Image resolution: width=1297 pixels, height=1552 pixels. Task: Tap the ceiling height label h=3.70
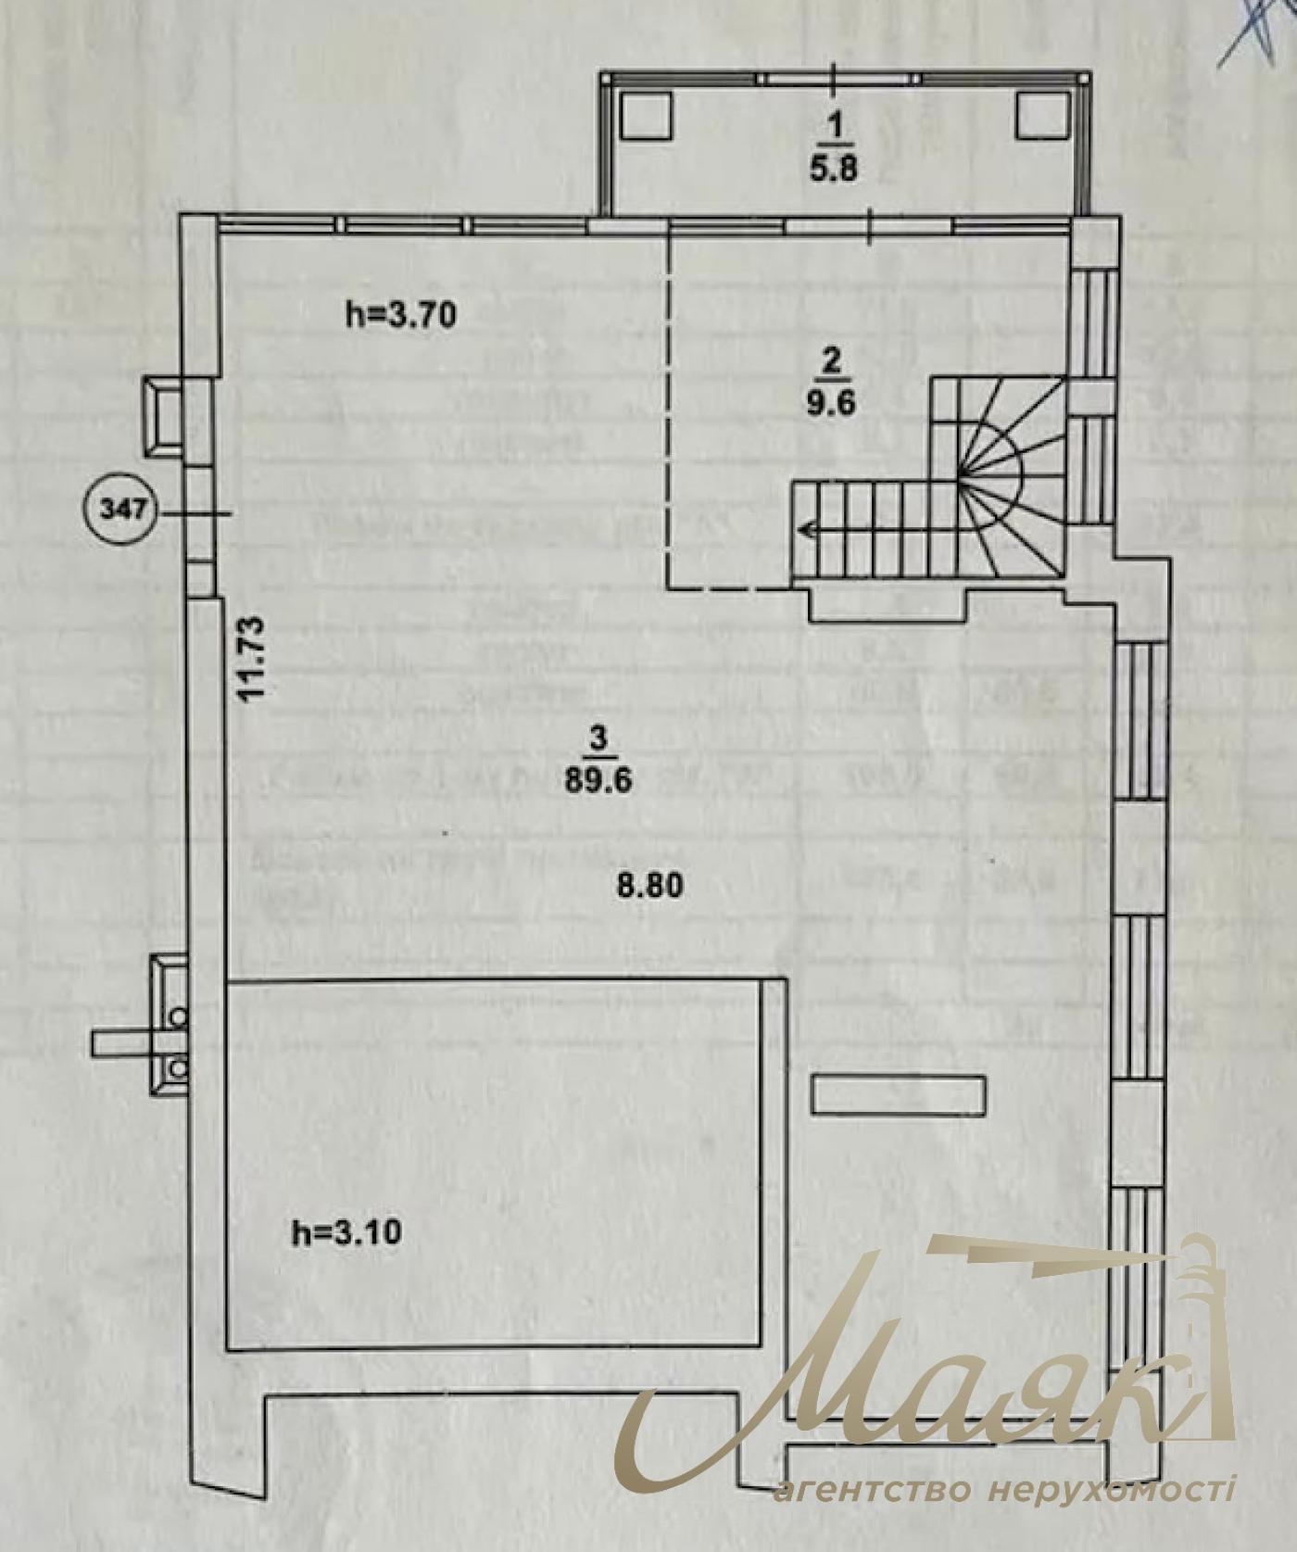401,316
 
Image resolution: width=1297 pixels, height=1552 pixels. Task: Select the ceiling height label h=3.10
346,1232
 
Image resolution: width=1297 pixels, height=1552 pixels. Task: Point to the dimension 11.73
251,659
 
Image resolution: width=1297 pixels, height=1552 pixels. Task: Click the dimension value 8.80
650,884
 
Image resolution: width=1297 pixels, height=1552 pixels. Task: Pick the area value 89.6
598,779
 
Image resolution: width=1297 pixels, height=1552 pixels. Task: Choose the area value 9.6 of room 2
830,403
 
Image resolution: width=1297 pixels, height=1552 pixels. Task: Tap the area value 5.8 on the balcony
834,169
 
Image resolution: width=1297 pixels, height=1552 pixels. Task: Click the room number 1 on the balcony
835,127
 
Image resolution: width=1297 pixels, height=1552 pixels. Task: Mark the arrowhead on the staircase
808,531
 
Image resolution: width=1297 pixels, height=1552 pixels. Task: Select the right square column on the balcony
1042,115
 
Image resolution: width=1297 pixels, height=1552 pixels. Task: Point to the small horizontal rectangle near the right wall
899,1094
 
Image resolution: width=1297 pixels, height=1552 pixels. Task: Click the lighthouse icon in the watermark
1204,1316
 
